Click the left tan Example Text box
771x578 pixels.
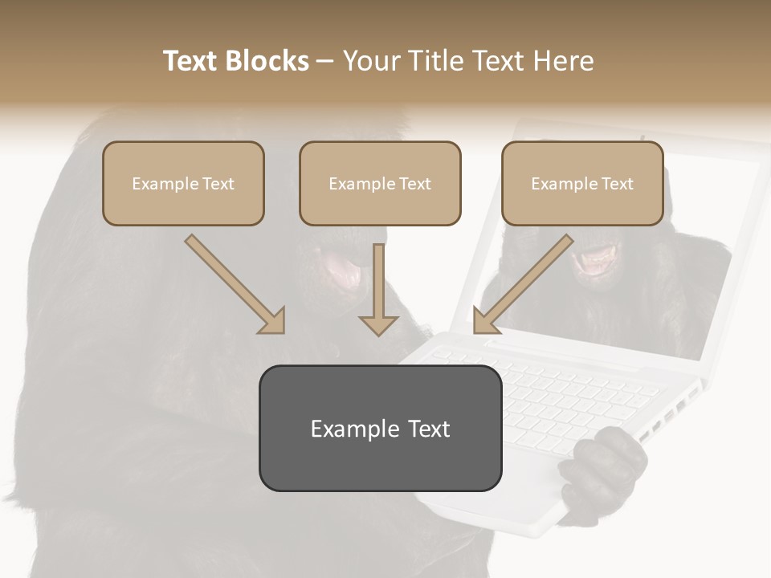point(183,183)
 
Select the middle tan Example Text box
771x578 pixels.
point(380,183)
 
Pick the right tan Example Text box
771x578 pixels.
point(582,183)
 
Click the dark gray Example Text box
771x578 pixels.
point(380,428)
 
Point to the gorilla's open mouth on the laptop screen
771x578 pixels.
point(598,261)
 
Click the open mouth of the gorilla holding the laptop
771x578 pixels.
point(341,269)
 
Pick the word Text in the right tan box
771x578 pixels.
point(618,184)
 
